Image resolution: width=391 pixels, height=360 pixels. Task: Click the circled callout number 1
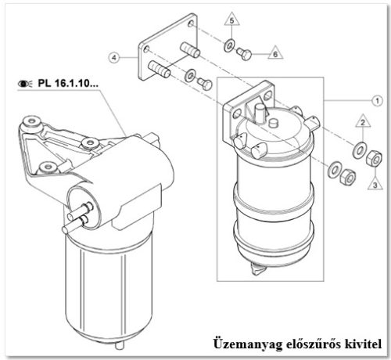pyautogui.click(x=377, y=100)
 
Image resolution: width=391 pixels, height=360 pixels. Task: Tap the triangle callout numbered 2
pyautogui.click(x=363, y=121)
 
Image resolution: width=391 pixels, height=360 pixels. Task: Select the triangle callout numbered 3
pyautogui.click(x=375, y=184)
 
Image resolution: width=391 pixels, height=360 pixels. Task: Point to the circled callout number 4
pyautogui.click(x=114, y=57)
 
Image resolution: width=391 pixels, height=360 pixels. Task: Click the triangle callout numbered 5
pyautogui.click(x=232, y=20)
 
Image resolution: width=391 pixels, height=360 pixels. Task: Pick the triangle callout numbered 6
pyautogui.click(x=275, y=53)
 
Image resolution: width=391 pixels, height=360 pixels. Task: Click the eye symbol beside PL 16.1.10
pyautogui.click(x=25, y=84)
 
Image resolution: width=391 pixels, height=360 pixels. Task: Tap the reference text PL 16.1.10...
pyautogui.click(x=68, y=83)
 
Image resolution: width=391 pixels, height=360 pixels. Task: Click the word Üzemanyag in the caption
pyautogui.click(x=248, y=344)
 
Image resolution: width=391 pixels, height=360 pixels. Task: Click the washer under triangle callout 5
pyautogui.click(x=229, y=45)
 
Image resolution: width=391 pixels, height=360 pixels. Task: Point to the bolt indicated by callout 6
pyautogui.click(x=244, y=53)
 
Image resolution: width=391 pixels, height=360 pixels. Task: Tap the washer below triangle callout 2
pyautogui.click(x=359, y=150)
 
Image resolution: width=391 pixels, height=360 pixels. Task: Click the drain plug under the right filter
pyautogui.click(x=256, y=268)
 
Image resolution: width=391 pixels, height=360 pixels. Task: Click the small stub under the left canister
pyautogui.click(x=120, y=345)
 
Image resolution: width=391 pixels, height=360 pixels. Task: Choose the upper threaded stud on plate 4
pyautogui.click(x=190, y=49)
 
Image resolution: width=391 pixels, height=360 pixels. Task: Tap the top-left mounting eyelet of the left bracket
pyautogui.click(x=31, y=121)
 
